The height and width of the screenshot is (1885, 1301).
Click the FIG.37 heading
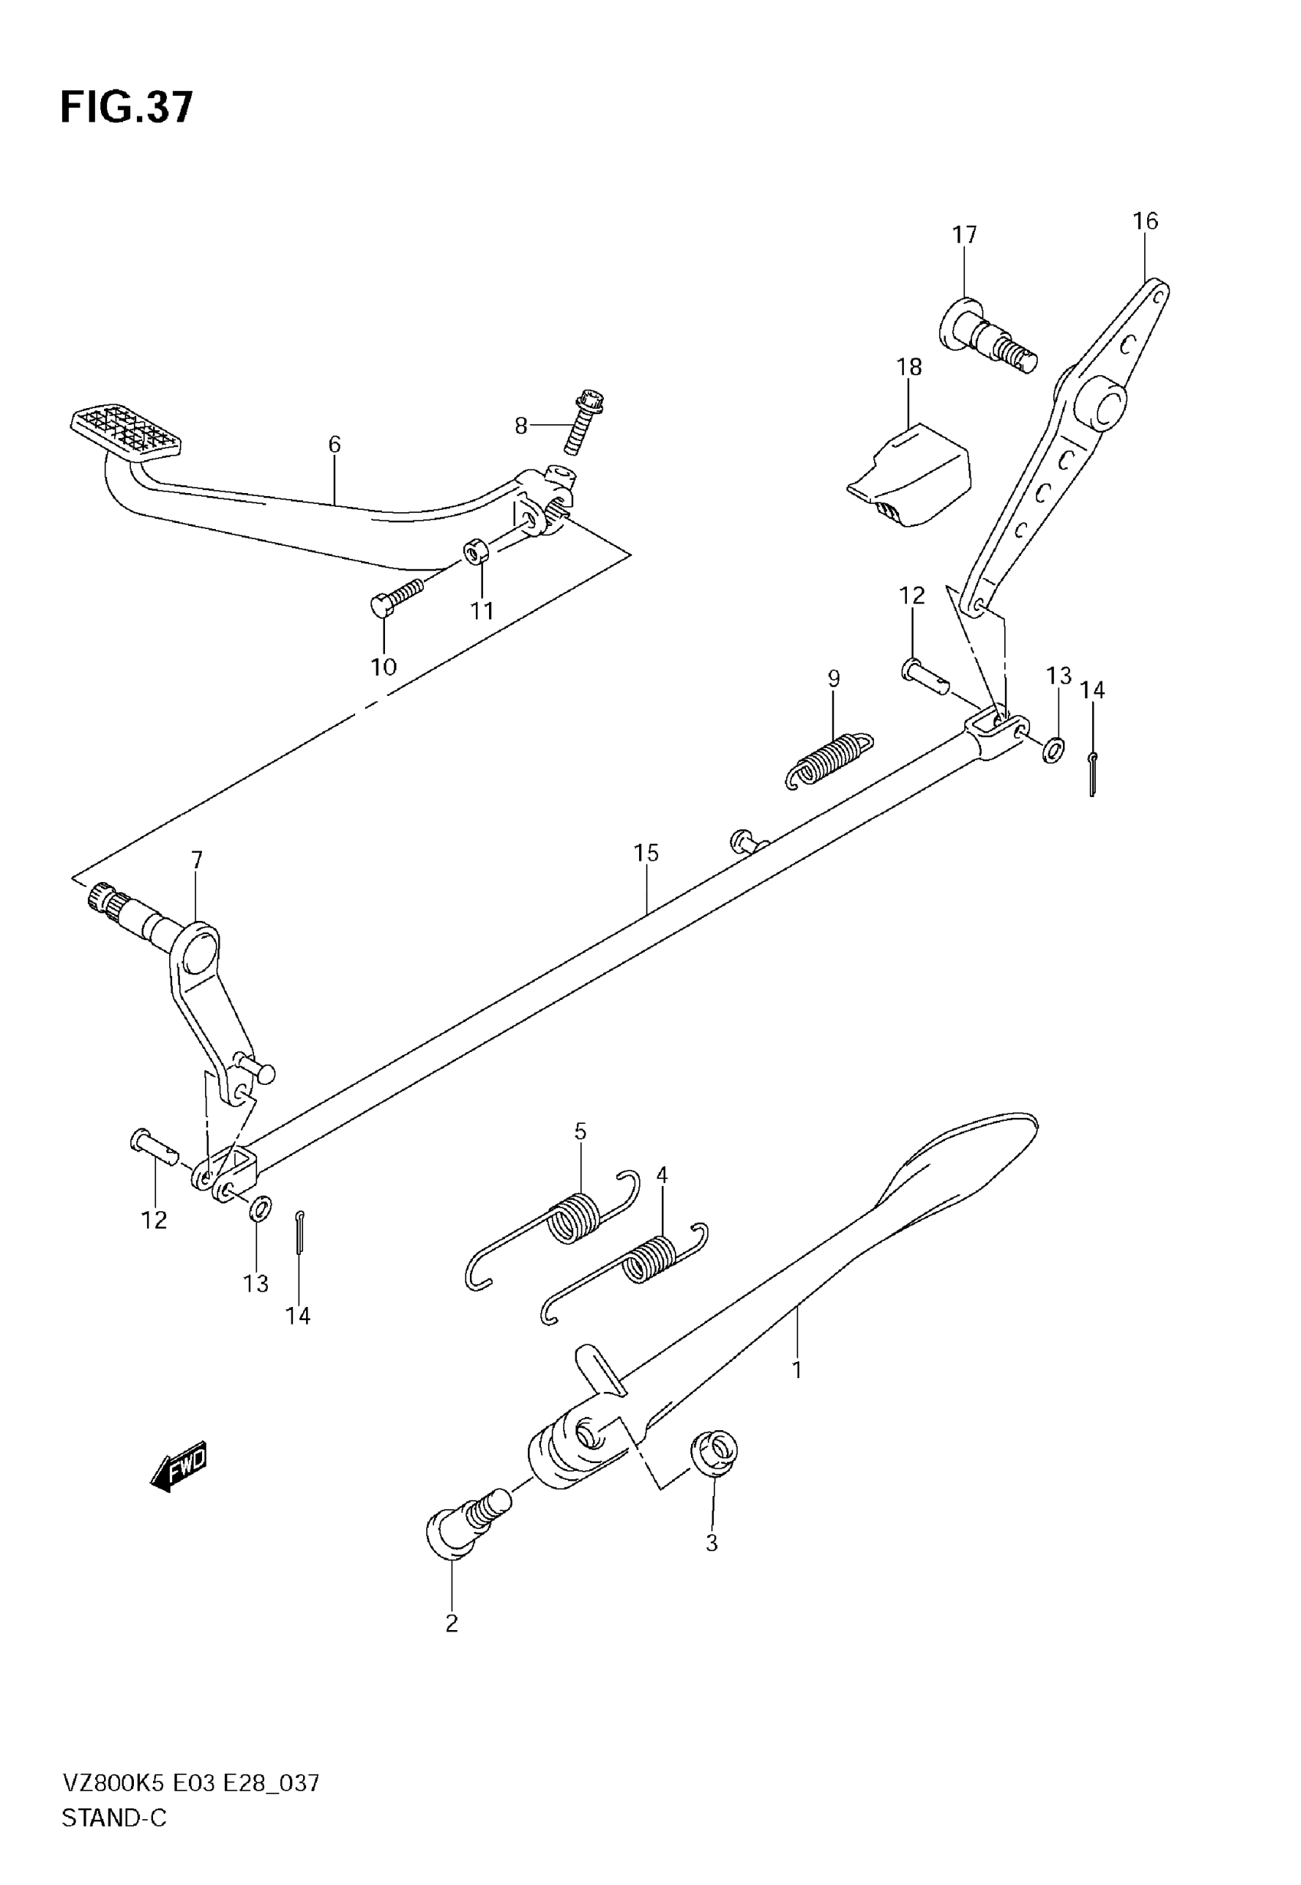[126, 108]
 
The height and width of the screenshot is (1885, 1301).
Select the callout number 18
[909, 368]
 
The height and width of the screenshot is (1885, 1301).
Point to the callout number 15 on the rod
[646, 853]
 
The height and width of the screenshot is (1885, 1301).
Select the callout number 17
[964, 235]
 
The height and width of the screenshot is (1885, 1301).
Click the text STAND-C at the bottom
[114, 1818]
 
